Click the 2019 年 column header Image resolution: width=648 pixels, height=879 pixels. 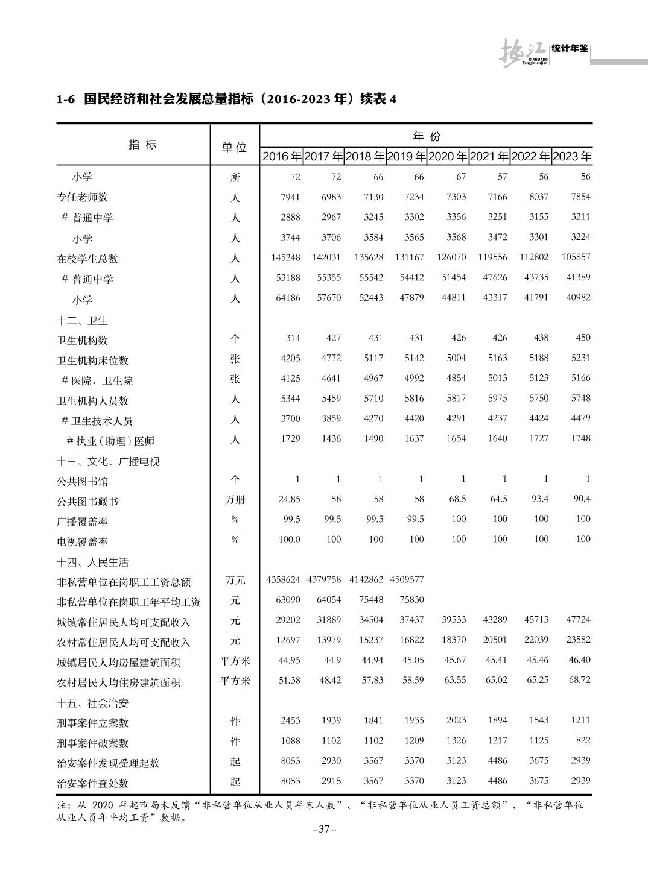tap(406, 157)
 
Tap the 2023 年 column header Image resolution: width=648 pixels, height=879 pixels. tap(571, 157)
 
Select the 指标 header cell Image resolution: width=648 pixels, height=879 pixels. tap(142, 145)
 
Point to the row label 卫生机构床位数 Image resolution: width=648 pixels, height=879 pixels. tap(92, 361)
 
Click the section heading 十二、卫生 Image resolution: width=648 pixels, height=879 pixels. tap(83, 320)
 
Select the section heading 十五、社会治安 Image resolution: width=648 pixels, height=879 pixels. tap(92, 703)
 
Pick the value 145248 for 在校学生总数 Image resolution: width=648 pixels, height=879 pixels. tap(285, 257)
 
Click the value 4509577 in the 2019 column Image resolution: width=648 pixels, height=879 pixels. tap(407, 580)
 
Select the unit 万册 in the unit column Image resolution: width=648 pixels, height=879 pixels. tap(235, 500)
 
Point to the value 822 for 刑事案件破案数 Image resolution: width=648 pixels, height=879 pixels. tap(583, 740)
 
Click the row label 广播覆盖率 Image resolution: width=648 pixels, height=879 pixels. tap(82, 521)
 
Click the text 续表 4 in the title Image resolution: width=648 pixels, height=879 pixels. tap(379, 99)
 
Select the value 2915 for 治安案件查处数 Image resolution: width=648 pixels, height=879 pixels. tap(331, 781)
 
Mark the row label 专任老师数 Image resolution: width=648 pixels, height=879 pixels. tap(82, 197)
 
